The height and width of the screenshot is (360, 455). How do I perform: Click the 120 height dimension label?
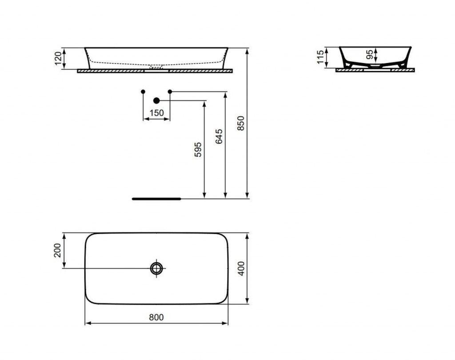[x=58, y=58]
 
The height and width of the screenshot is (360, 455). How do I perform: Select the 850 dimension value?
[x=241, y=123]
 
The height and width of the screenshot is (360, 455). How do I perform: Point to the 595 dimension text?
[x=198, y=150]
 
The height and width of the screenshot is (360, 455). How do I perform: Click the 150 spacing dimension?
[x=156, y=113]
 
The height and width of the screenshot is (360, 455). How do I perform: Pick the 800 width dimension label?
[x=156, y=317]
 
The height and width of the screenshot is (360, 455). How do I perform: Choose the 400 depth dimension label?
[x=241, y=268]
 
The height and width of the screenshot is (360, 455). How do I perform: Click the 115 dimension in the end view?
[x=320, y=57]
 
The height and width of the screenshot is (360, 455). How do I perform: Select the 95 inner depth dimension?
[x=370, y=55]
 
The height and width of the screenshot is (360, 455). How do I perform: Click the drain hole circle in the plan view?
[x=156, y=268]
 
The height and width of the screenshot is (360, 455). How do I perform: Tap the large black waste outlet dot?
[x=156, y=101]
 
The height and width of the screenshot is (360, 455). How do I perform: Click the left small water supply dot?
[x=143, y=91]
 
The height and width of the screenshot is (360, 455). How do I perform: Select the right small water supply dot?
[x=170, y=91]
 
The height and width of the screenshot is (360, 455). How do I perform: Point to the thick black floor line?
[x=156, y=199]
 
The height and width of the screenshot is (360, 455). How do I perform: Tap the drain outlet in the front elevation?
[x=156, y=67]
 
